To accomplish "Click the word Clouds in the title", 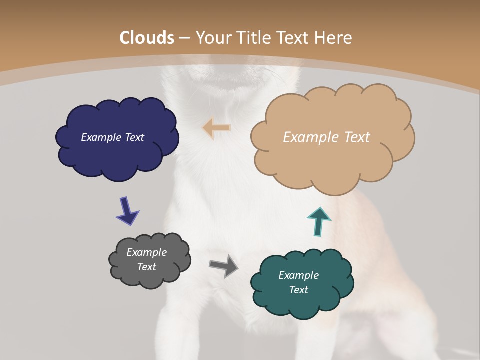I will pos(147,38).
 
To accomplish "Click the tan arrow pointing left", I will pos(217,128).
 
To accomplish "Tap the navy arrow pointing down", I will pos(127,211).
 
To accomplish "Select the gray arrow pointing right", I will pos(224,265).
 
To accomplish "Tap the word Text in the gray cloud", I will pos(146,267).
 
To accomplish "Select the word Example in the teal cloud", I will pos(298,275).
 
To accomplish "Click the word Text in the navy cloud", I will pos(134,137).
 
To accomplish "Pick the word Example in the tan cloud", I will pos(310,137).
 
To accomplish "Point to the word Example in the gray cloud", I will pos(146,252).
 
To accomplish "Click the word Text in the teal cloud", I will pos(298,290).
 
